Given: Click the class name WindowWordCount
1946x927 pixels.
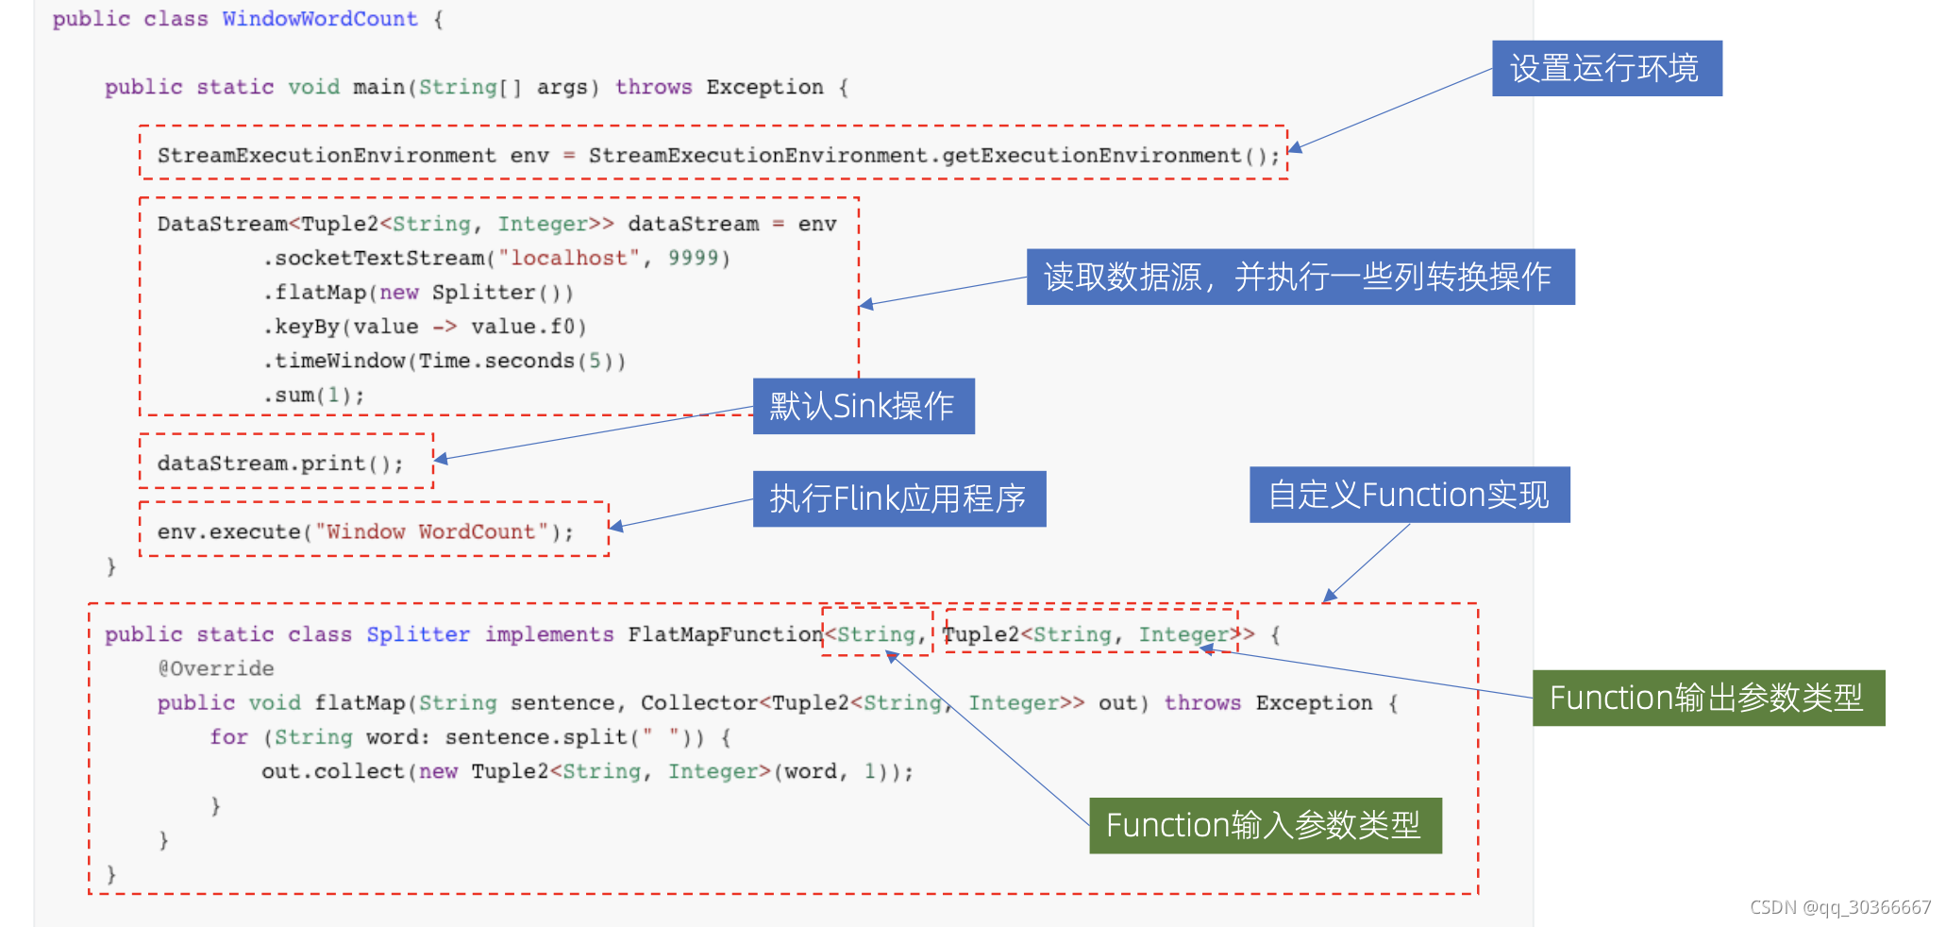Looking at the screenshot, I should [320, 19].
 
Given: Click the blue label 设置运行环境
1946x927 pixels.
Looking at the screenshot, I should [1606, 68].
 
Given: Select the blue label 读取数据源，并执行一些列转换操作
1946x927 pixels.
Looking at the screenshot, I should [1300, 277].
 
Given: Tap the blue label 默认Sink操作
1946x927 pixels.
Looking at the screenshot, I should [863, 406].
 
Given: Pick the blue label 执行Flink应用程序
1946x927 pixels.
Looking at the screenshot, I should [898, 498].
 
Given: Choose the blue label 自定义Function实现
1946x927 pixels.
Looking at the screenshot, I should [1409, 495].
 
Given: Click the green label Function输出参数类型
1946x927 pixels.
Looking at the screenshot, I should [1707, 698].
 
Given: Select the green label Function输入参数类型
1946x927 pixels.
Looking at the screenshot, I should [1265, 825].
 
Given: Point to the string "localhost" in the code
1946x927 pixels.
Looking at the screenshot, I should [568, 258].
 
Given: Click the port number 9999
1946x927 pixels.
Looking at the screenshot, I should [693, 258].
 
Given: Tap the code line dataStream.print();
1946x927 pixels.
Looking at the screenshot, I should [279, 463].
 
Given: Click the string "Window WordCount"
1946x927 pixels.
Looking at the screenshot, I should [431, 531].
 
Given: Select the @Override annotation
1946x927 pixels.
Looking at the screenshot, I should [216, 668].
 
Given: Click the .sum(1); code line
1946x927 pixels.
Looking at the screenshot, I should [313, 395].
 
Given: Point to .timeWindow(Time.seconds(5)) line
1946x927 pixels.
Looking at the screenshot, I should [444, 361].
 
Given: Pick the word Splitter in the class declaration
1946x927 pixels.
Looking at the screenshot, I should [418, 634].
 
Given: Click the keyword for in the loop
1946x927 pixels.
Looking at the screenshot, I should [228, 737].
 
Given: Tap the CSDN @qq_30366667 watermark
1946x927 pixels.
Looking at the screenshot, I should [1839, 907].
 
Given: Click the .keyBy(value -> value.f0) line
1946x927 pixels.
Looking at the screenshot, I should [425, 327].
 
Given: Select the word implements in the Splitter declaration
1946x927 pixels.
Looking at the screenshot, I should [549, 634].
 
